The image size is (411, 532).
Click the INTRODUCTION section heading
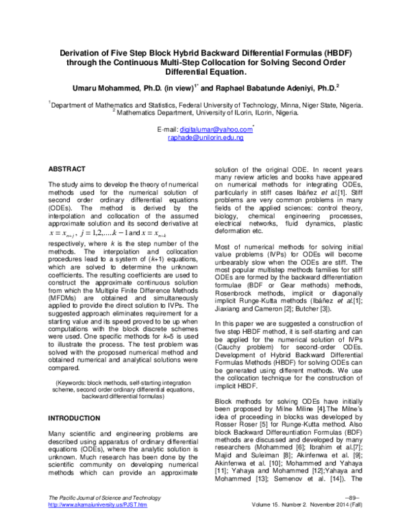74,418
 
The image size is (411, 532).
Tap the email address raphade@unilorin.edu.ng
206,138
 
